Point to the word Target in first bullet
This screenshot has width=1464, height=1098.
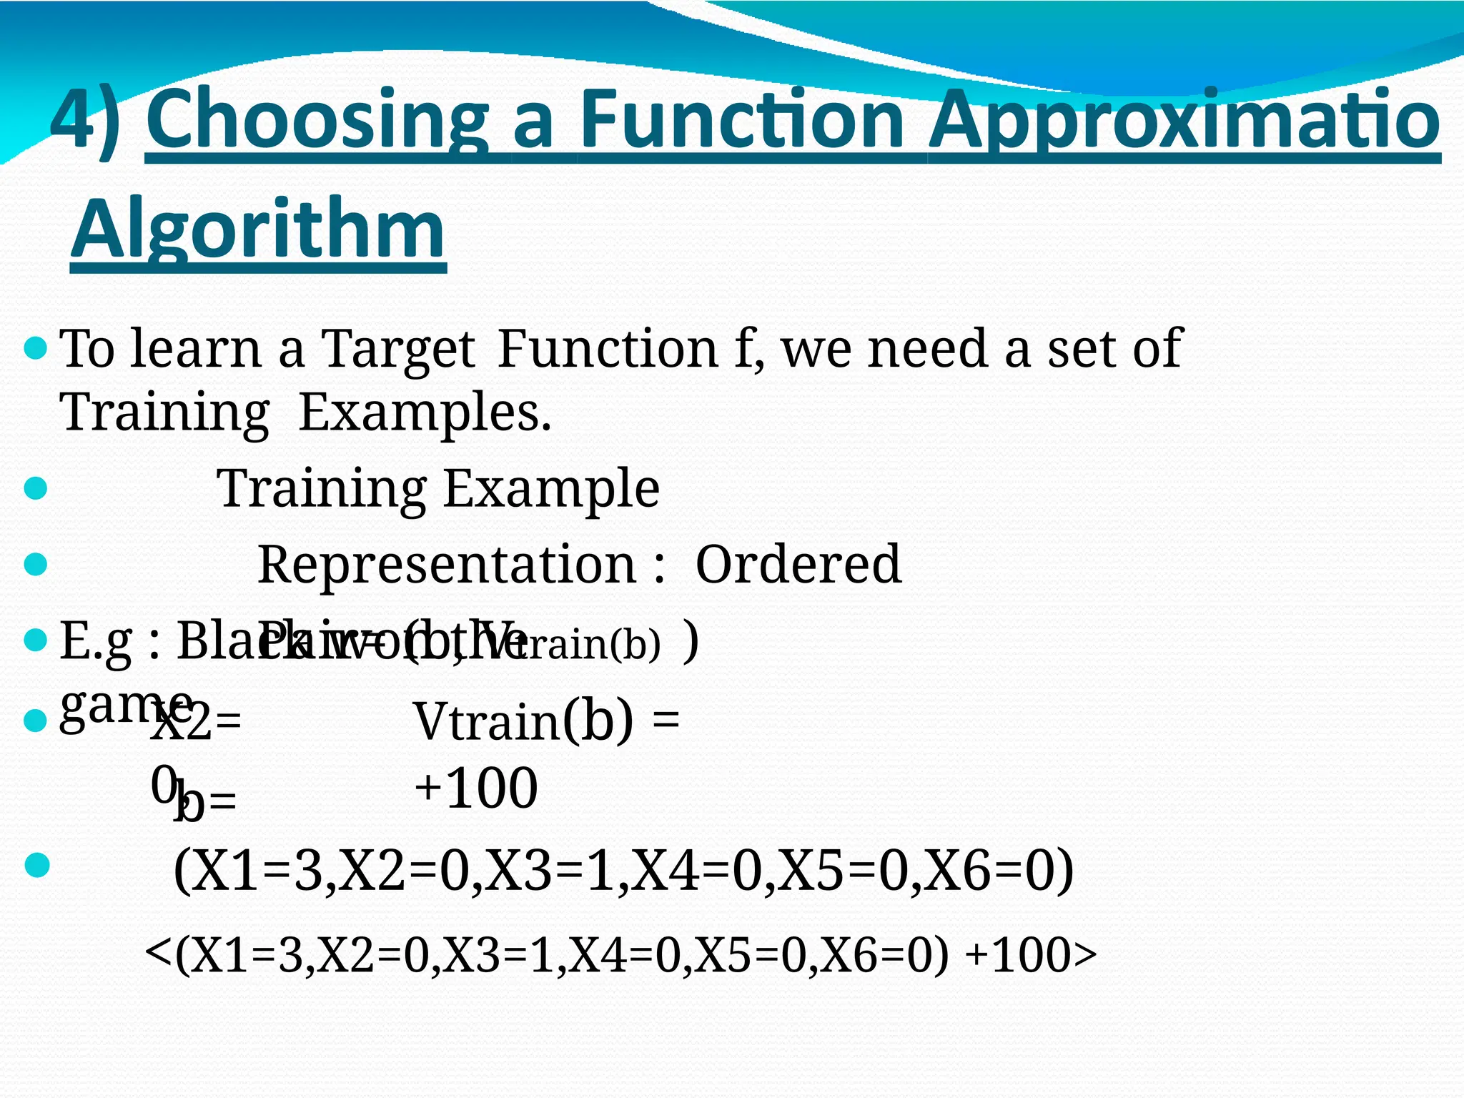click(x=397, y=350)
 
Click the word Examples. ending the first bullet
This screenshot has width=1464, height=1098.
click(x=425, y=412)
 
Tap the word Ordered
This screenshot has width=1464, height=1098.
click(x=798, y=565)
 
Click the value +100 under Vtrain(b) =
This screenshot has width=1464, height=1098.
click(x=475, y=788)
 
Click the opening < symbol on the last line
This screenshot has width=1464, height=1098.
click(x=158, y=952)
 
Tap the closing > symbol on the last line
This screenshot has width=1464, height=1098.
click(x=1084, y=956)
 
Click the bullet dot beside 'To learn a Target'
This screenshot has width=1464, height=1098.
click(x=35, y=350)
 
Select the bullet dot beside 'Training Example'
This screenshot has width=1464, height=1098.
click(x=35, y=490)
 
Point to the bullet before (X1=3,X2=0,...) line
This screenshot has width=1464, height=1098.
click(x=36, y=866)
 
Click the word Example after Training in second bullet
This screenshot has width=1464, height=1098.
click(x=551, y=489)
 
